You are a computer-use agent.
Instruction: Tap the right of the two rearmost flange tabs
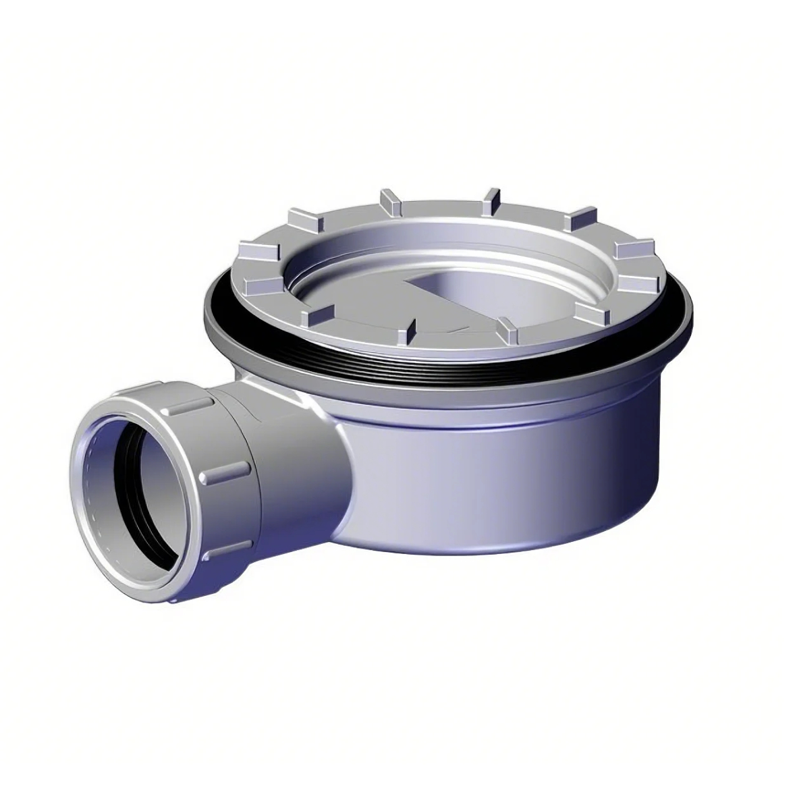click(491, 197)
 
